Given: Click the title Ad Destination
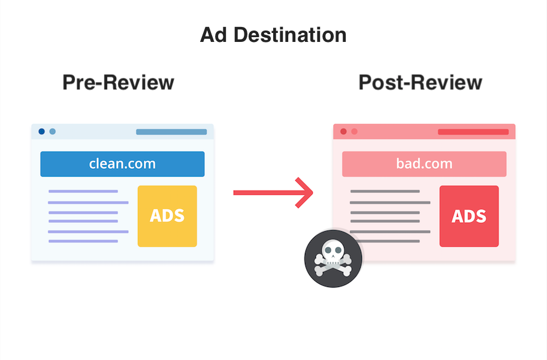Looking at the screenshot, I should [x=273, y=35].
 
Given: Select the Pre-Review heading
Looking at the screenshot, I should [x=118, y=82].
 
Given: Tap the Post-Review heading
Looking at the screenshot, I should [x=420, y=82].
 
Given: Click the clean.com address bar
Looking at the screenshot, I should [x=122, y=164].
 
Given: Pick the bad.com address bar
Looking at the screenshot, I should [x=424, y=164].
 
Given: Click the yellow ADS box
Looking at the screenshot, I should [x=167, y=216].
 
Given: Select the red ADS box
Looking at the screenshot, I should [x=469, y=216].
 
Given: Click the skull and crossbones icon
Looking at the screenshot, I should [x=333, y=259].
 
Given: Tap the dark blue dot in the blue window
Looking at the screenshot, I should [x=41, y=131].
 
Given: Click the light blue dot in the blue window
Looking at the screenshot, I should [x=53, y=131].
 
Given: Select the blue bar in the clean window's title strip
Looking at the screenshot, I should [x=171, y=132].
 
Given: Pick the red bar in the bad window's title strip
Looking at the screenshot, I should [x=473, y=132].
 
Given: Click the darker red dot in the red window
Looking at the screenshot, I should [x=343, y=131].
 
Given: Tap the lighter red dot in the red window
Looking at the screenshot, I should [x=355, y=131].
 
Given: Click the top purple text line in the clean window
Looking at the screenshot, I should [x=83, y=191].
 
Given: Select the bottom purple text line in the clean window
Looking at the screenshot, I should [x=83, y=241].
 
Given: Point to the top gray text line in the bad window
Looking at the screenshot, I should [x=385, y=191].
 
